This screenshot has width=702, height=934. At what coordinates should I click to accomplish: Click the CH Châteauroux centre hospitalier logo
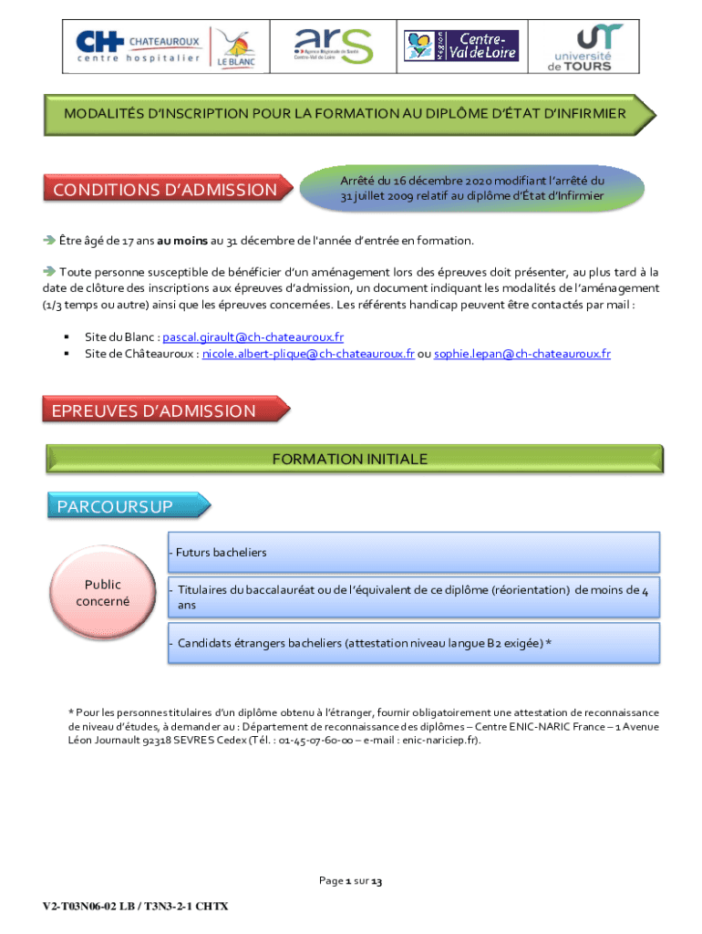[x=138, y=47]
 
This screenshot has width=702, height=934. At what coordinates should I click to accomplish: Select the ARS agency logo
[x=333, y=46]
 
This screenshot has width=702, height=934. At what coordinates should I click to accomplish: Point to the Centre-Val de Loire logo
[x=462, y=45]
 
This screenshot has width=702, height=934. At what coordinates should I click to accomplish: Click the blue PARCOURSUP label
[x=120, y=506]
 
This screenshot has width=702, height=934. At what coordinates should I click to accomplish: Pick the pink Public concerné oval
[x=103, y=593]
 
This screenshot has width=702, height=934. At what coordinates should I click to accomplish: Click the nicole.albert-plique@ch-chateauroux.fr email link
[x=308, y=354]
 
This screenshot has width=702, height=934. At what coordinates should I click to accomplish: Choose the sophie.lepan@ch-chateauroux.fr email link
[x=522, y=354]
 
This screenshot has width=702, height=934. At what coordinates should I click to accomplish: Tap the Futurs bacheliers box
[x=413, y=553]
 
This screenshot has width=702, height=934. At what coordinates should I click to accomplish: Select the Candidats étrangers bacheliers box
[x=413, y=643]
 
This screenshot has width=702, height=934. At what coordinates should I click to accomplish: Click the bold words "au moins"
[x=182, y=241]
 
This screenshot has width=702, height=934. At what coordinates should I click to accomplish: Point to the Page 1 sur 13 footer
[x=350, y=882]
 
